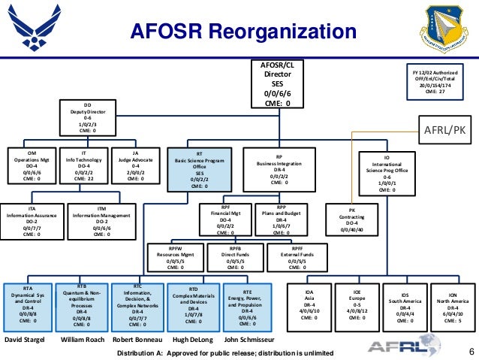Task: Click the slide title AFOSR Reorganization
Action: point(243,32)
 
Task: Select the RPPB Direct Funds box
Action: point(235,257)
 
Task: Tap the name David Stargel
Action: point(27,340)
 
